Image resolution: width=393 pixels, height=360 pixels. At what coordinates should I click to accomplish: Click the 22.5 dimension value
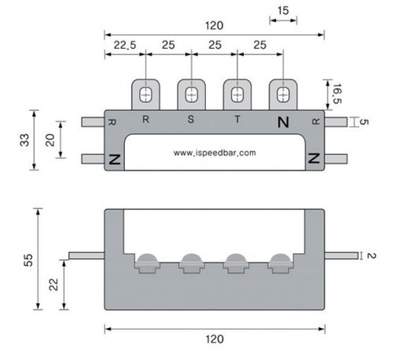(x=125, y=45)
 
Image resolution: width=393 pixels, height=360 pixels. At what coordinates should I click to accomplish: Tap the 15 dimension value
(x=283, y=11)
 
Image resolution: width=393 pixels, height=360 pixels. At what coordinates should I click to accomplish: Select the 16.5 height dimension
(x=336, y=94)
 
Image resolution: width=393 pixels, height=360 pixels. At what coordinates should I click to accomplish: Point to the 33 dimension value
(x=25, y=140)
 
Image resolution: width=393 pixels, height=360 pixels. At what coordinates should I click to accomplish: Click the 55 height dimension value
(x=28, y=260)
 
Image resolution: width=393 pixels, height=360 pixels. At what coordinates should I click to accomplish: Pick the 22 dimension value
(x=53, y=285)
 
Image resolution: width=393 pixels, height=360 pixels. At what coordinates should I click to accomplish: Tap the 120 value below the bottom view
(x=215, y=339)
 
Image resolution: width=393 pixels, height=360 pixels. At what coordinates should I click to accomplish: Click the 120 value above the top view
(x=215, y=26)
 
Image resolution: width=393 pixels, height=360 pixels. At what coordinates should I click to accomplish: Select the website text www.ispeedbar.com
(x=215, y=152)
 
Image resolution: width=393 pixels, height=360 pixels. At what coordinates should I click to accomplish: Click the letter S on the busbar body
(x=191, y=119)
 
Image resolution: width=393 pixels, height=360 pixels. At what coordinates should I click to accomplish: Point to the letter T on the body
(x=237, y=119)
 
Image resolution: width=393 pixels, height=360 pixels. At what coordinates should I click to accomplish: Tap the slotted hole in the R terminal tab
(x=145, y=94)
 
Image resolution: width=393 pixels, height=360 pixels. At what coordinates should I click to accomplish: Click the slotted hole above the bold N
(x=283, y=94)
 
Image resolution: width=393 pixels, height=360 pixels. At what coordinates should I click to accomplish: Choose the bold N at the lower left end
(x=115, y=159)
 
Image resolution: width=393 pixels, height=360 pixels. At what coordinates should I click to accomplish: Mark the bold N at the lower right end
(x=314, y=159)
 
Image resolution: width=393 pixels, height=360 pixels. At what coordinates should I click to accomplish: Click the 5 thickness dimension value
(x=364, y=122)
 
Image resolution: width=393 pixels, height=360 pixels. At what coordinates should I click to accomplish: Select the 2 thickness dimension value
(x=370, y=255)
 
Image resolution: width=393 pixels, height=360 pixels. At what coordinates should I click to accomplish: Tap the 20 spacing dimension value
(x=50, y=140)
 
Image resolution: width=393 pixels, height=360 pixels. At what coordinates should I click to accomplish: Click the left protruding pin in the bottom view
(x=86, y=255)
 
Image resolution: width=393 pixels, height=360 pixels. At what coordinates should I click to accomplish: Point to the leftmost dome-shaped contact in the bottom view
(x=147, y=258)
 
